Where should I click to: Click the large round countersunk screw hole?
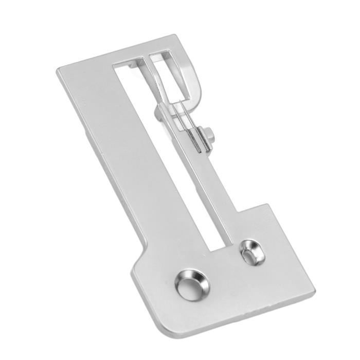[192, 283]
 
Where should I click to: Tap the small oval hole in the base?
[253, 251]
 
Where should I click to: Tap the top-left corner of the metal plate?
[58, 70]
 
